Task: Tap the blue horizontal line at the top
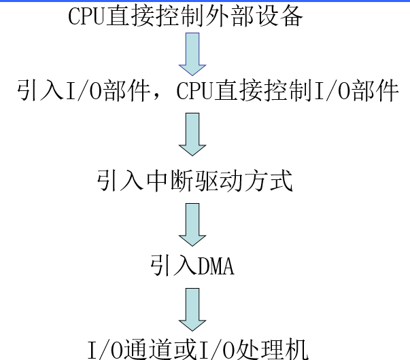click(x=204, y=2)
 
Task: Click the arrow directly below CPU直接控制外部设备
click(x=192, y=54)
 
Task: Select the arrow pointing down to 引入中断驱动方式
click(x=192, y=133)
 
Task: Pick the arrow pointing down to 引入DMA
click(x=192, y=223)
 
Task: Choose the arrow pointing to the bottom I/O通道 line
click(x=192, y=308)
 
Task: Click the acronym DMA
click(x=216, y=266)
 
